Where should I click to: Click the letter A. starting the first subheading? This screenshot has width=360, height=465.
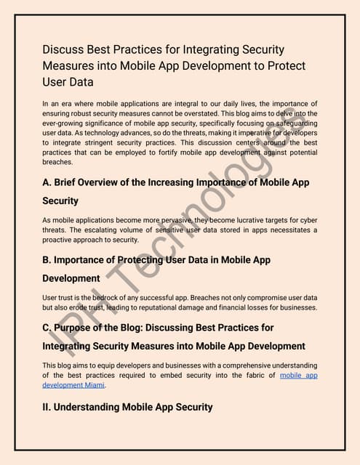[x=47, y=182]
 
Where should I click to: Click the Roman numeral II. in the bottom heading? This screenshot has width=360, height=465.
[x=48, y=407]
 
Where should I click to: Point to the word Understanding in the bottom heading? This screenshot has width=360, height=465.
[x=96, y=407]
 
